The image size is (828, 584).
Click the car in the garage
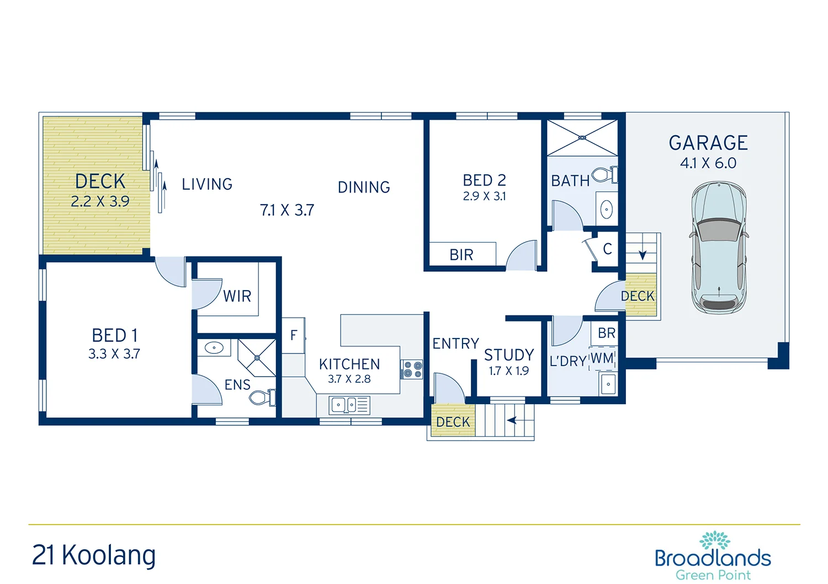719,248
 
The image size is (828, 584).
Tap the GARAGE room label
708,143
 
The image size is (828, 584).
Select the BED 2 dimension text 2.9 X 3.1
484,196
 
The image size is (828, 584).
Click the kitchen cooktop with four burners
411,369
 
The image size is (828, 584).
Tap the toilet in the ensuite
262,397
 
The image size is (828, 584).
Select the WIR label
237,296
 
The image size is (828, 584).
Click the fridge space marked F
294,335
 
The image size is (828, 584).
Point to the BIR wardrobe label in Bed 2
461,255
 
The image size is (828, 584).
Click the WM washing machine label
602,358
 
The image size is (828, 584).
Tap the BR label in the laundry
606,333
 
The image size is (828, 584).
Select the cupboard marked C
607,249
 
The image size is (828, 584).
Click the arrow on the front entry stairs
512,420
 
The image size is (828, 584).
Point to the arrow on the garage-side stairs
643,255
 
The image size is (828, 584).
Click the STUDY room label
509,355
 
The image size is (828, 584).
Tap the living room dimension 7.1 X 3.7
287,210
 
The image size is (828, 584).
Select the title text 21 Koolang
94,555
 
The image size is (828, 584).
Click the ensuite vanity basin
214,348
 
